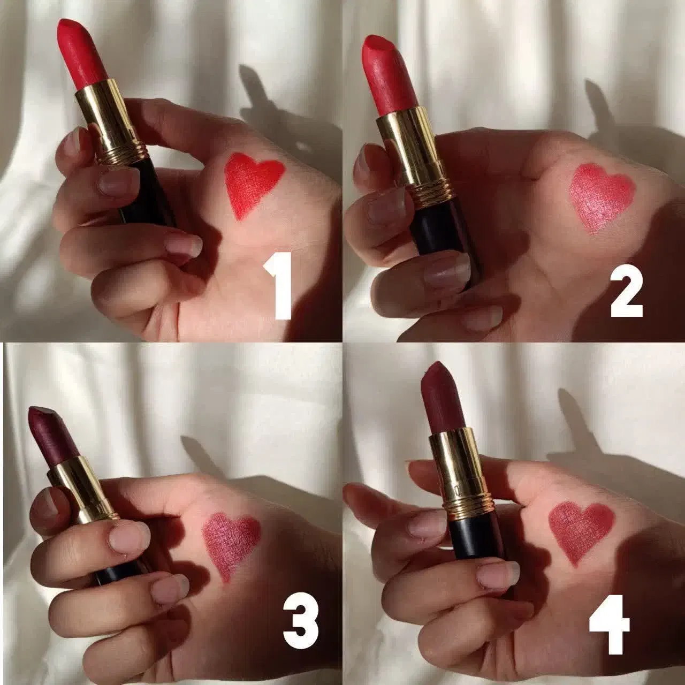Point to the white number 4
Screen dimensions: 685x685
pyautogui.click(x=610, y=624)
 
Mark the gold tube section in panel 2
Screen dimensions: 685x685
pyautogui.click(x=410, y=146)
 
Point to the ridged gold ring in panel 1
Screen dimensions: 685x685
pyautogui.click(x=123, y=153)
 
